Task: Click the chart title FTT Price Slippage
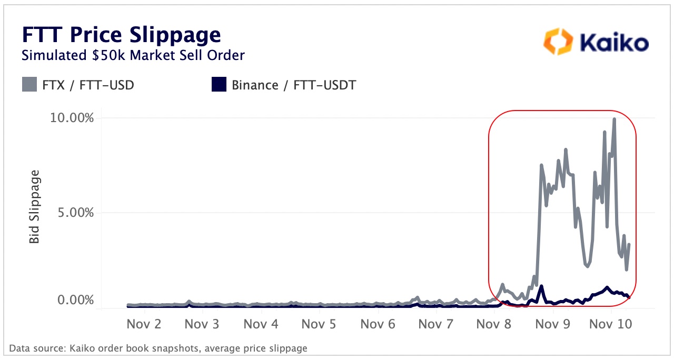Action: coord(121,35)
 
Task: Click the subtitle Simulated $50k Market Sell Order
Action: coord(133,55)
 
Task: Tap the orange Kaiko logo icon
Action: coord(558,42)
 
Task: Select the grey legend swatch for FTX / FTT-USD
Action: coord(29,84)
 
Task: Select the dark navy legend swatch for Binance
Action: coord(219,84)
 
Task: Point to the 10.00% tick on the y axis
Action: coord(72,117)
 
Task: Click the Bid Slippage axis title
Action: coord(34,207)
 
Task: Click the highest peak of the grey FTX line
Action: coord(614,119)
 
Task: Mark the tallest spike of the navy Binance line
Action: coord(541,287)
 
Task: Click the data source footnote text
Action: coord(158,348)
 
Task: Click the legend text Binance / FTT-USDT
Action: coord(294,85)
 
